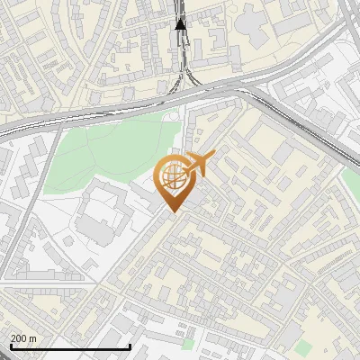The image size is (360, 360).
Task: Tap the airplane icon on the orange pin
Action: point(198,166)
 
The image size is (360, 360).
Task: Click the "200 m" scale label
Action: point(24,337)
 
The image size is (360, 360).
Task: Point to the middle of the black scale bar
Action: point(69,346)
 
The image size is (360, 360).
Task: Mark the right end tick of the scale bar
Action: point(130,345)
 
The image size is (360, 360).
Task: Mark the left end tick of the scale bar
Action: point(9,345)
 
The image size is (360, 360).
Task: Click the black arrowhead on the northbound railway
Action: point(181,23)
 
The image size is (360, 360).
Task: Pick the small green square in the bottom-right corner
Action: point(304,346)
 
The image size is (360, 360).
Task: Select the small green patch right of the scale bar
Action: point(187,343)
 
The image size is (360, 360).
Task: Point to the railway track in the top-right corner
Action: point(347,18)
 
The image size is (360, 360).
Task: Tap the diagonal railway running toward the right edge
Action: point(315,130)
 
